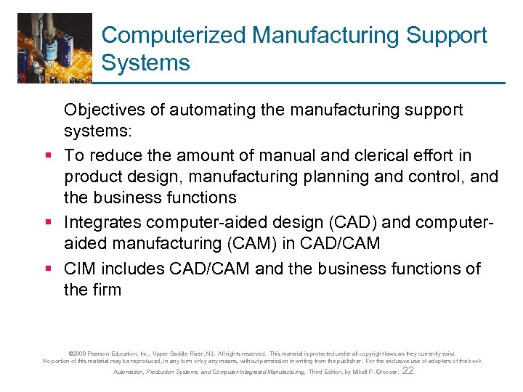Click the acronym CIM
coord(80,269)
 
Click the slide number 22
coord(408,370)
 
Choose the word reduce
coord(113,156)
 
